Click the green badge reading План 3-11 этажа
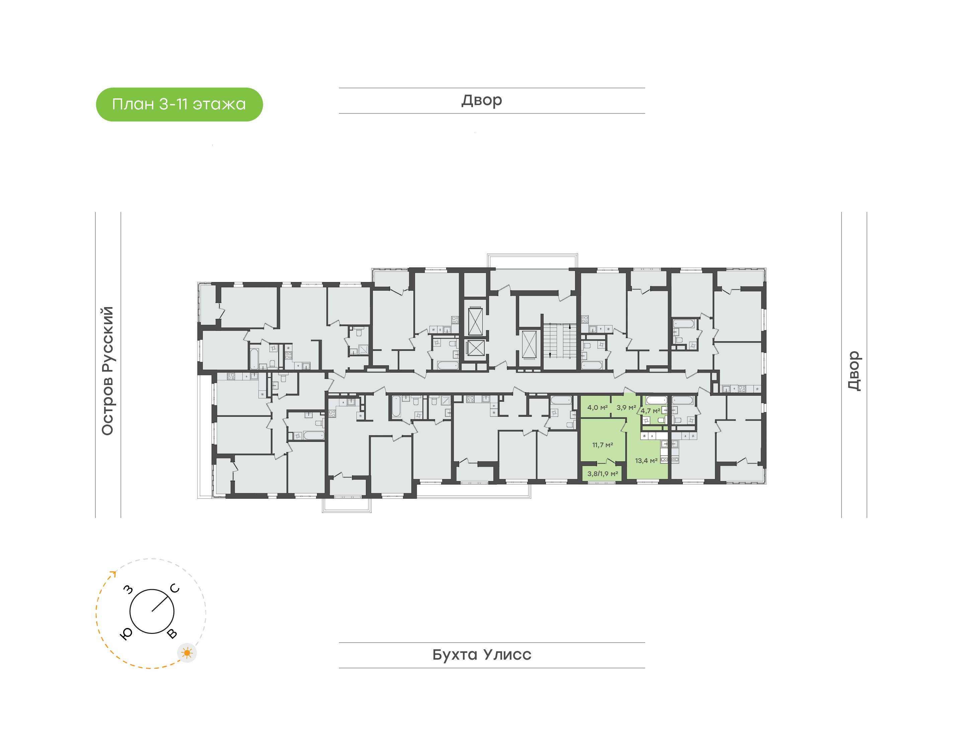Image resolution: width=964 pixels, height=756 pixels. (179, 104)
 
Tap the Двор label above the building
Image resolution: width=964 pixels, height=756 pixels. (482, 100)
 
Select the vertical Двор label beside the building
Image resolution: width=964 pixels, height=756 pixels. (854, 371)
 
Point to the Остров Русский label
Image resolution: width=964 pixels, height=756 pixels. (107, 371)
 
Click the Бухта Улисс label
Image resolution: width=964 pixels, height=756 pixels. (482, 654)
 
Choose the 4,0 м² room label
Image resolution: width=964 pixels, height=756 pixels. (597, 407)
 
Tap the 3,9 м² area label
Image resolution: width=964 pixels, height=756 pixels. (626, 407)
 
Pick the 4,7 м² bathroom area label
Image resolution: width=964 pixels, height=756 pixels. (650, 411)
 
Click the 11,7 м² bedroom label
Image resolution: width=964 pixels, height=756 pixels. (602, 445)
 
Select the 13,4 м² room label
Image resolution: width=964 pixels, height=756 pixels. (646, 461)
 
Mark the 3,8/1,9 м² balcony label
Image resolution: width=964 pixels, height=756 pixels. (602, 474)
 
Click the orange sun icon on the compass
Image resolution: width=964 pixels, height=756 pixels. (187, 653)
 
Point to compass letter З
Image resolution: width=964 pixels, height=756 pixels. (129, 589)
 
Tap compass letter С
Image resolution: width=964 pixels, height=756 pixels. (175, 588)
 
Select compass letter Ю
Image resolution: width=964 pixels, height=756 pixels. (126, 634)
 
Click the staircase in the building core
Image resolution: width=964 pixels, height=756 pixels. (559, 341)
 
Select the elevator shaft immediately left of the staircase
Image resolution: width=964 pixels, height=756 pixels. (529, 344)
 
